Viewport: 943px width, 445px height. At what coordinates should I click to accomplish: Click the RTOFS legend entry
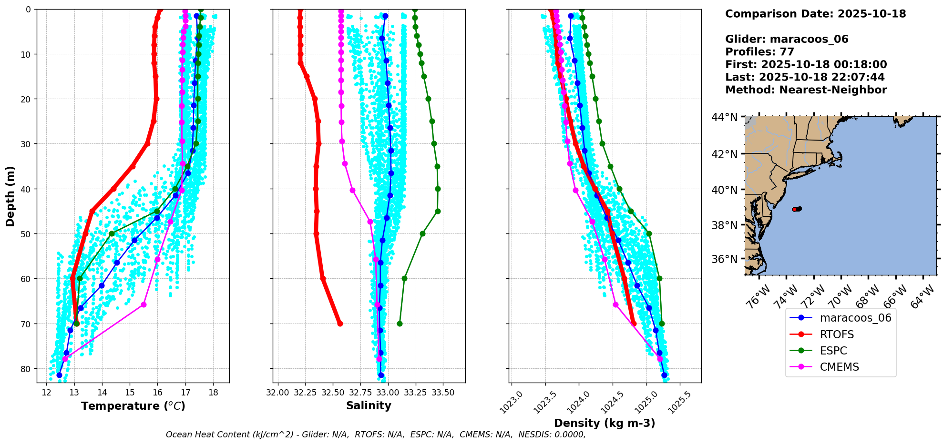[836, 334]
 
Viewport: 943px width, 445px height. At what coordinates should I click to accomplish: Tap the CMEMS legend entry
[839, 367]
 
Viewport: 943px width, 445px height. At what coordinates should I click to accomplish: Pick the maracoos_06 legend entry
[855, 318]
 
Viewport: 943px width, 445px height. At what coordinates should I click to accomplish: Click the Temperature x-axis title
[133, 406]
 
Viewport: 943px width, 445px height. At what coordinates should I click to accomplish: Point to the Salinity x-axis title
[369, 405]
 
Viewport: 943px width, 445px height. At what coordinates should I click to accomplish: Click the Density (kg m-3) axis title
[604, 423]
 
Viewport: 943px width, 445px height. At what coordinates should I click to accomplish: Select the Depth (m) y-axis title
[10, 196]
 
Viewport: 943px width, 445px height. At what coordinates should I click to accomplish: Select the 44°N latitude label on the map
[724, 117]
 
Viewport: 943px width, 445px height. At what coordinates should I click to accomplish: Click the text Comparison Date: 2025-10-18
[815, 14]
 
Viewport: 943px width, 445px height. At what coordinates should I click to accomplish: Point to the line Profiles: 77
[759, 52]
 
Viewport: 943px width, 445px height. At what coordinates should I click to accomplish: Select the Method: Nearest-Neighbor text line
[806, 90]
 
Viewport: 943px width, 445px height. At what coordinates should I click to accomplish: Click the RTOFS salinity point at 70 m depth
[340, 324]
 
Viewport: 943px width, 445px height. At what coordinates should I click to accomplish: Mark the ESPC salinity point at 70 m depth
[400, 324]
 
